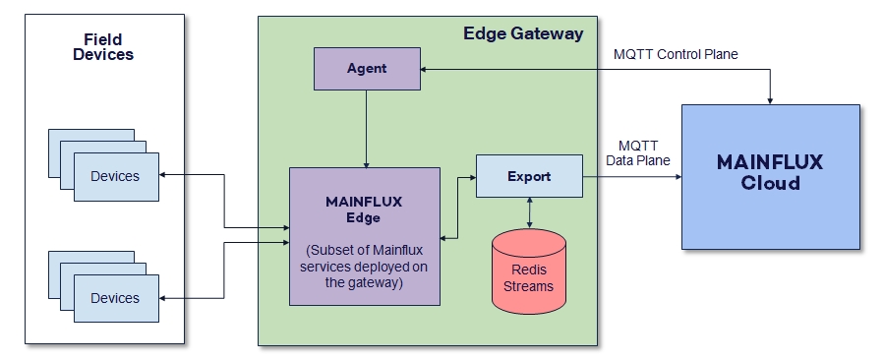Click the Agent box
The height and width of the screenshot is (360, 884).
[x=367, y=69]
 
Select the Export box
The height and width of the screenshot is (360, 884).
[x=529, y=177]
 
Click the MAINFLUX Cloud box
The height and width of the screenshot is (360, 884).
[x=770, y=175]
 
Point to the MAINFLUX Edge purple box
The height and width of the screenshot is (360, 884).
[x=364, y=236]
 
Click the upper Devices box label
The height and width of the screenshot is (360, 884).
[x=115, y=176]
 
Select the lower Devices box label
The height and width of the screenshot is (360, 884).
[x=115, y=298]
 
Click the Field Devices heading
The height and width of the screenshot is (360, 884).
[x=103, y=47]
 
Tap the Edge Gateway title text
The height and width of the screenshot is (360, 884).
[x=523, y=33]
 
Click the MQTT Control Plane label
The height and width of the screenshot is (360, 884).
[x=676, y=54]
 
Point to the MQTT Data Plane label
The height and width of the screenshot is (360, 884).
[x=644, y=153]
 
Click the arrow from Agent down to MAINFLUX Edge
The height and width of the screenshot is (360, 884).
[x=367, y=128]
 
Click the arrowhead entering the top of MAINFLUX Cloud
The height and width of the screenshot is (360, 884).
[x=770, y=98]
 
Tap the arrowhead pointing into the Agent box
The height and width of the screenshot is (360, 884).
[x=426, y=69]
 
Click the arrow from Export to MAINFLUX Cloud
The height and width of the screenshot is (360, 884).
[x=629, y=177]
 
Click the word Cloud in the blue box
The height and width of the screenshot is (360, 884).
[x=770, y=184]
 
